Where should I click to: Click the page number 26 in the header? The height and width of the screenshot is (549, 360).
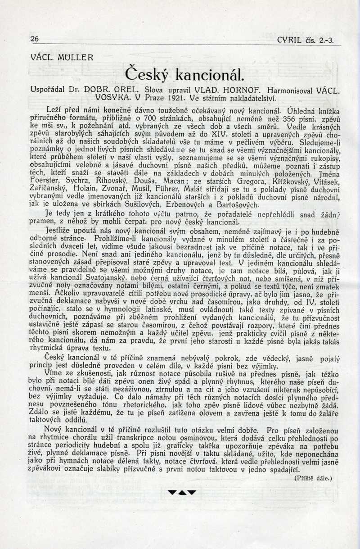click(34, 39)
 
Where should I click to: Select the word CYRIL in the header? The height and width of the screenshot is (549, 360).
click(290, 40)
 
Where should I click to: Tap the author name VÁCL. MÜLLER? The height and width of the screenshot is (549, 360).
click(62, 58)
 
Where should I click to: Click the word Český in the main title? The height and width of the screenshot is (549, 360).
click(147, 73)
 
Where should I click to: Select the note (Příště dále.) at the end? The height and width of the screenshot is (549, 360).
click(313, 478)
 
